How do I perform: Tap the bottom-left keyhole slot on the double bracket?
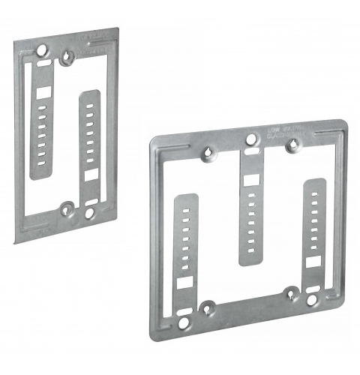[x=209, y=307]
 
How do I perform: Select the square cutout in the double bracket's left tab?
[x=184, y=283]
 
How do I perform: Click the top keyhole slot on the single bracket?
[x=68, y=56]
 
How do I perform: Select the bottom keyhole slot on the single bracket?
[x=67, y=208]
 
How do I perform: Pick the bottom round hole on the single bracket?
[x=89, y=214]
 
